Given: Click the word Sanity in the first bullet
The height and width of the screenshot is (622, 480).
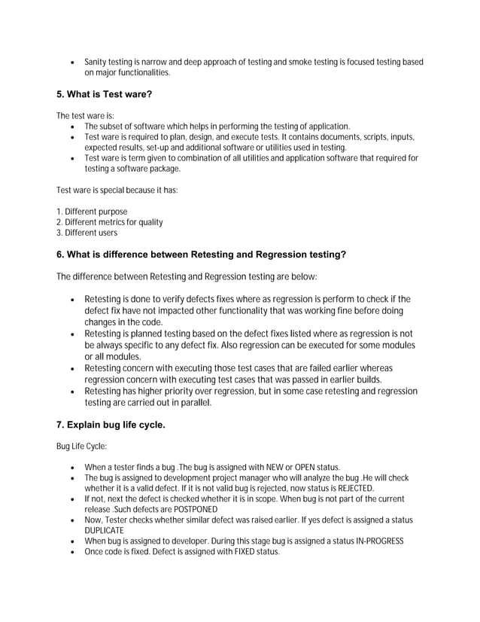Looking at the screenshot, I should click(x=96, y=62).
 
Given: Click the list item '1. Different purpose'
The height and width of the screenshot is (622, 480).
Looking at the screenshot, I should click(x=92, y=212).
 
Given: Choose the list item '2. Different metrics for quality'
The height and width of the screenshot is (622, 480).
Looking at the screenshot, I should click(x=110, y=222).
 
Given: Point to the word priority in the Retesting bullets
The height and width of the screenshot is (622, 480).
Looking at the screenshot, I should click(x=172, y=392).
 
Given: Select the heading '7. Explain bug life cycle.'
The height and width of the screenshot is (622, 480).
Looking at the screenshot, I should click(x=111, y=425).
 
